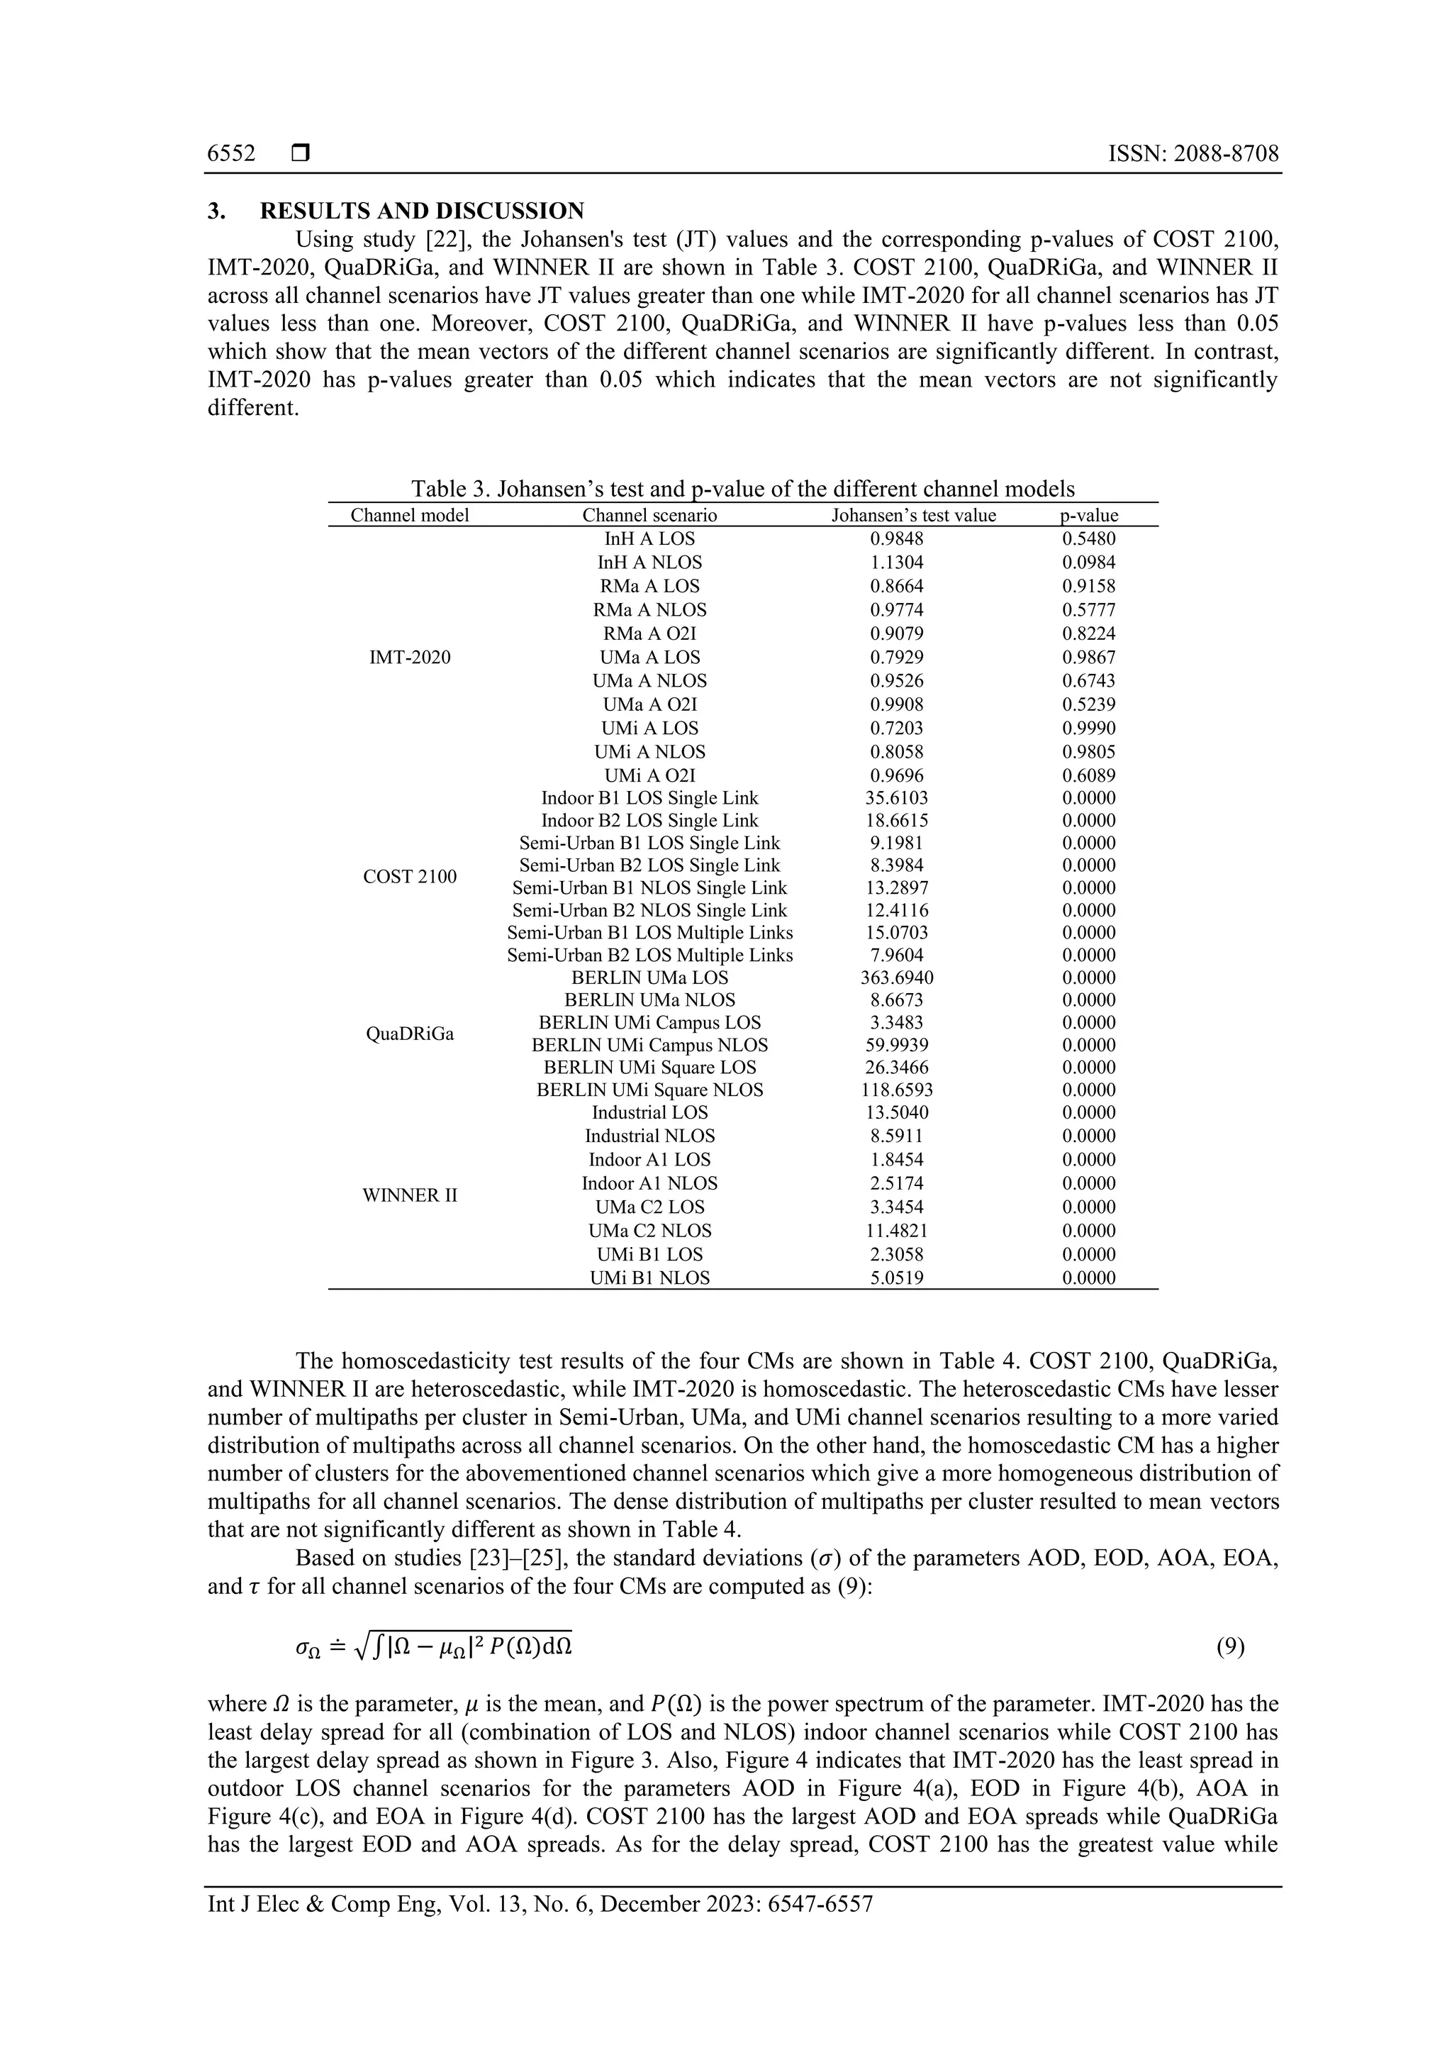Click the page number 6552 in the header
(x=231, y=154)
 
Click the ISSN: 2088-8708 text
(x=1193, y=154)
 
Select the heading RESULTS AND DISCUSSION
(x=421, y=211)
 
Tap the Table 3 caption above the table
(x=742, y=489)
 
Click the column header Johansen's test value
(x=912, y=515)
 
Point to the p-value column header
(x=1089, y=515)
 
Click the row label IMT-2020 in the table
(x=410, y=657)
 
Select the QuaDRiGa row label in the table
(x=410, y=1034)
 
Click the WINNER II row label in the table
(x=410, y=1195)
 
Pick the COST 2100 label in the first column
(x=410, y=876)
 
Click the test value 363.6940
(x=896, y=977)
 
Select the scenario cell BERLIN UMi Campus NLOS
(x=649, y=1044)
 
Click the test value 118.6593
(x=896, y=1090)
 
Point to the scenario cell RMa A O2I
(x=649, y=633)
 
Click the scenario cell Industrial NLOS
(x=649, y=1136)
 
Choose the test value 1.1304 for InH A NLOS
(x=896, y=562)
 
